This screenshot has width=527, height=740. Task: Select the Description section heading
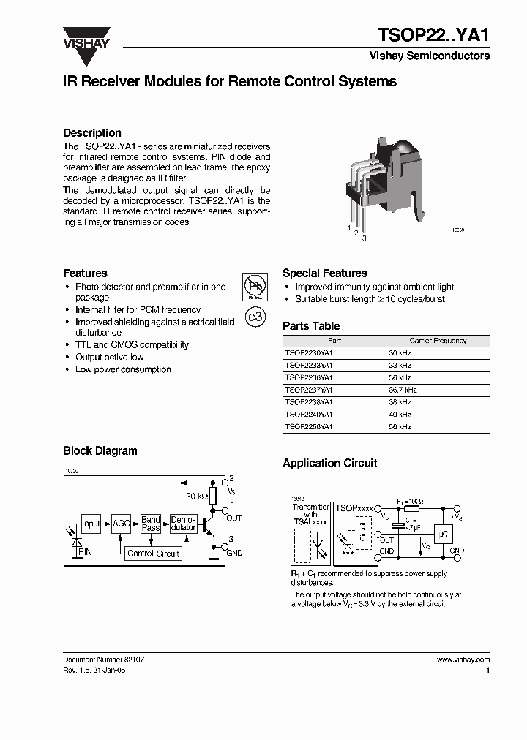pyautogui.click(x=92, y=133)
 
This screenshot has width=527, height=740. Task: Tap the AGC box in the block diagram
pyautogui.click(x=121, y=524)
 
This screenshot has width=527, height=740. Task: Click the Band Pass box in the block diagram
pyautogui.click(x=151, y=524)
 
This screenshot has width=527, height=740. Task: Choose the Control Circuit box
pyautogui.click(x=153, y=554)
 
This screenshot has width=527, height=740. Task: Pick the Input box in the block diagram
pyautogui.click(x=91, y=524)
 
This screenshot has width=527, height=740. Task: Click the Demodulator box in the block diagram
pyautogui.click(x=183, y=524)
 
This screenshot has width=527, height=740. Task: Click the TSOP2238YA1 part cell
pyautogui.click(x=309, y=402)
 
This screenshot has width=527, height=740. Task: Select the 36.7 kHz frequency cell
pyautogui.click(x=404, y=390)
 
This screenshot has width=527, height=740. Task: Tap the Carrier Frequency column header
pyautogui.click(x=438, y=341)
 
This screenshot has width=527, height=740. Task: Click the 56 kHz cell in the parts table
pyautogui.click(x=400, y=426)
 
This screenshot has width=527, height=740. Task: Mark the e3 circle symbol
pyautogui.click(x=255, y=318)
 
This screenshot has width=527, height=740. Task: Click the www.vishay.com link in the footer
pyautogui.click(x=463, y=659)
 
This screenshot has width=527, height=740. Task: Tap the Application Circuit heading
pyautogui.click(x=330, y=463)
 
